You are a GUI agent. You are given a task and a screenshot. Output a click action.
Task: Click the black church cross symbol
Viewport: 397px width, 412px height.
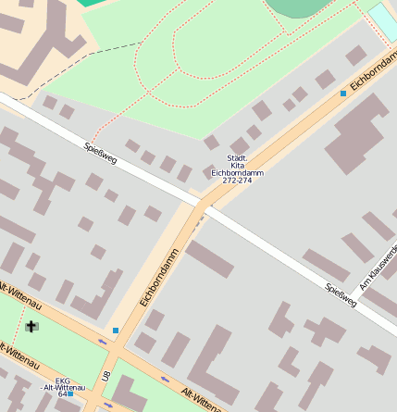click(32, 326)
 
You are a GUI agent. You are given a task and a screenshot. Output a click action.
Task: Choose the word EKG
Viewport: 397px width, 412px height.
click(63, 381)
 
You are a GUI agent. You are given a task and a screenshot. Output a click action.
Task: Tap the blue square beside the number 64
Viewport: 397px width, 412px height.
click(70, 394)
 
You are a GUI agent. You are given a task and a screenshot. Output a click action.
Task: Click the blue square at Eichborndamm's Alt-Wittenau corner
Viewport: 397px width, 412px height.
click(116, 331)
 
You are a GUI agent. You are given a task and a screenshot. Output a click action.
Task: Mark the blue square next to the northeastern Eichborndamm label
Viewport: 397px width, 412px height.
click(343, 94)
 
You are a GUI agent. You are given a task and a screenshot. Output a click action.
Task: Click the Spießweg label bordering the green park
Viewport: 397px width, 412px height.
click(100, 153)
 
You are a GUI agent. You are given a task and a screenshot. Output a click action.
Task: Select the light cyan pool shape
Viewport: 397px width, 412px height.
click(383, 20)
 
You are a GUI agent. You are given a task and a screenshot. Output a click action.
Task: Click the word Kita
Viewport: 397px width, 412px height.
click(237, 165)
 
